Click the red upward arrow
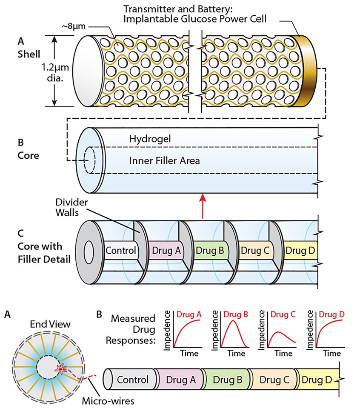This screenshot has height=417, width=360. tap(203, 206)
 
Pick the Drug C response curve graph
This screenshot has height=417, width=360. tap(278, 334)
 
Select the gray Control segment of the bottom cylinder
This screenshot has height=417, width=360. tap(132, 380)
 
